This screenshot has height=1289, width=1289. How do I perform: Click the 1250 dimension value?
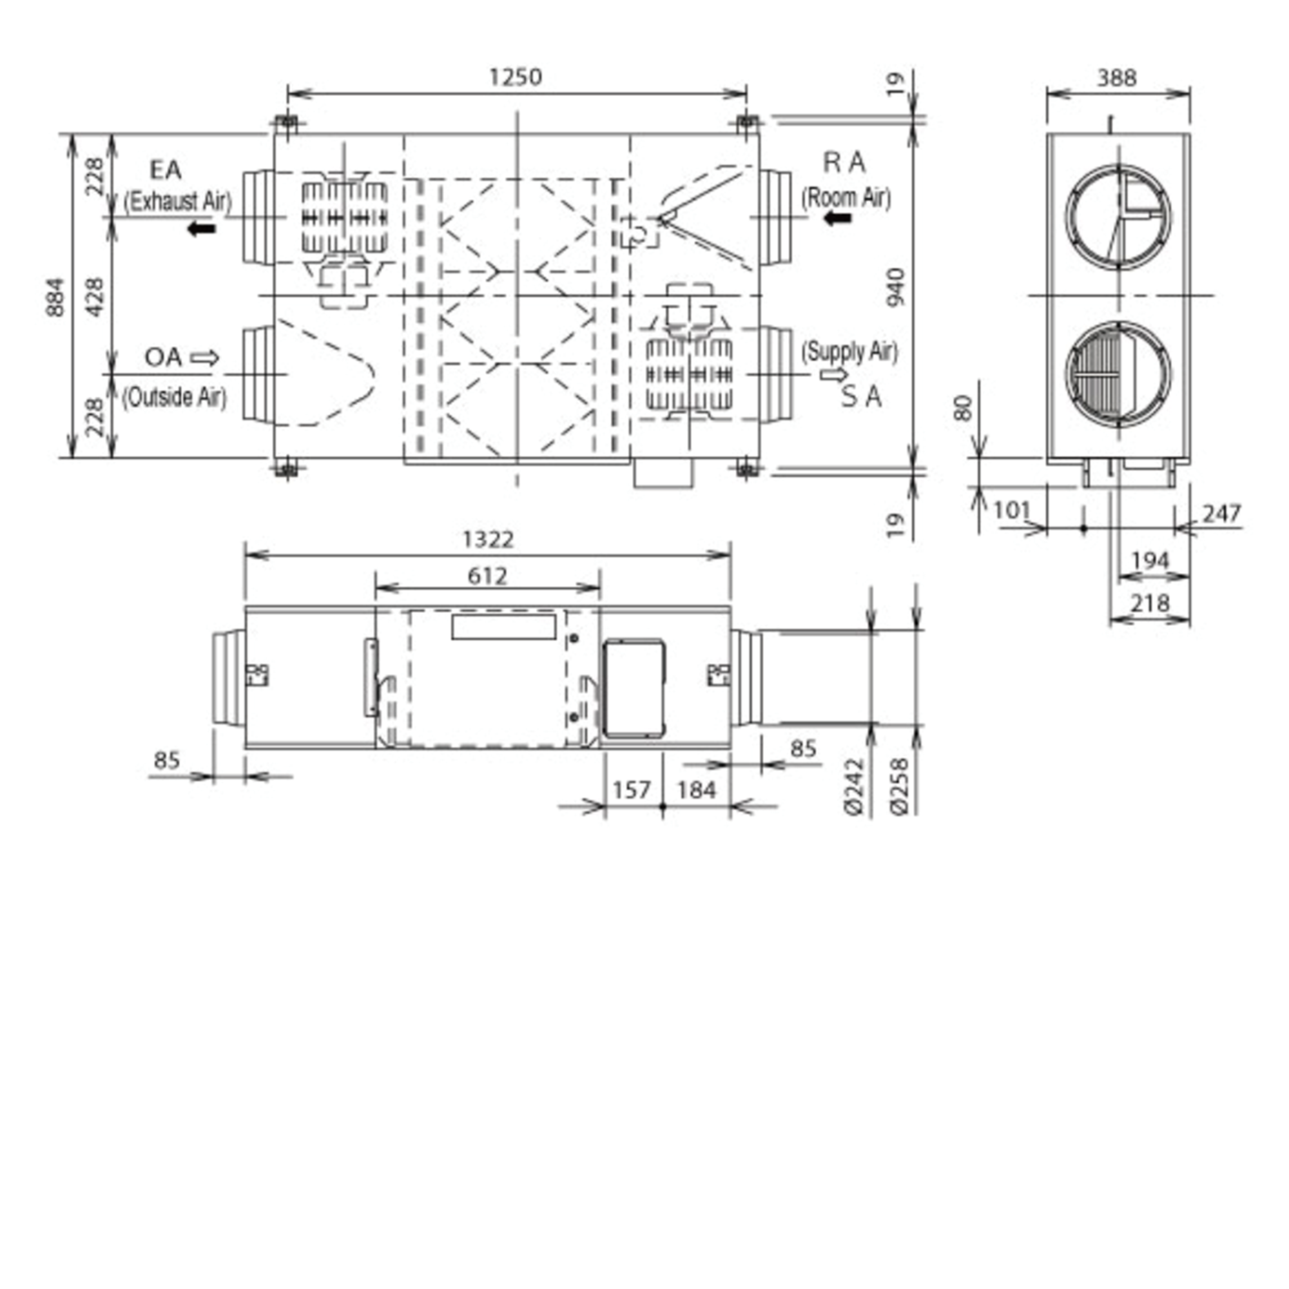pos(515,77)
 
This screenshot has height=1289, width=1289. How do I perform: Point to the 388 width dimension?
pos(1116,78)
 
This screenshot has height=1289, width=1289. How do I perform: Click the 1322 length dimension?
pos(488,539)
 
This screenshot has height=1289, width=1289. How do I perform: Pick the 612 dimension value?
pos(487,576)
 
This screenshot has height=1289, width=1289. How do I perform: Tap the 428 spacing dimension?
pos(95,297)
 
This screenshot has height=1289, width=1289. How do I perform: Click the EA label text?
pos(166,170)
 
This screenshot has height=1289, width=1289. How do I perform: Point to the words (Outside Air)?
pos(174,398)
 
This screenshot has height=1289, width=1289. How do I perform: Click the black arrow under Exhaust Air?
pos(202,229)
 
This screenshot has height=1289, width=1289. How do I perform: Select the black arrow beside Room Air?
pos(838,217)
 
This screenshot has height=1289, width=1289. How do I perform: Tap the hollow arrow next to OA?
pos(205,358)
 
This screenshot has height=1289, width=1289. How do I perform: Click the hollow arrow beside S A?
pos(833,375)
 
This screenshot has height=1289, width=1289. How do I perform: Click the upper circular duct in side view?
pos(1118,217)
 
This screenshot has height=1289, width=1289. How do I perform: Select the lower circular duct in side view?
pos(1118,374)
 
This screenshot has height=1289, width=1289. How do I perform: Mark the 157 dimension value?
pos(631,790)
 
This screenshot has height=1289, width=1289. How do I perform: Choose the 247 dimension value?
pos(1221,513)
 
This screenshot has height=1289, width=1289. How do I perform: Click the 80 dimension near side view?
pos(962,408)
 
